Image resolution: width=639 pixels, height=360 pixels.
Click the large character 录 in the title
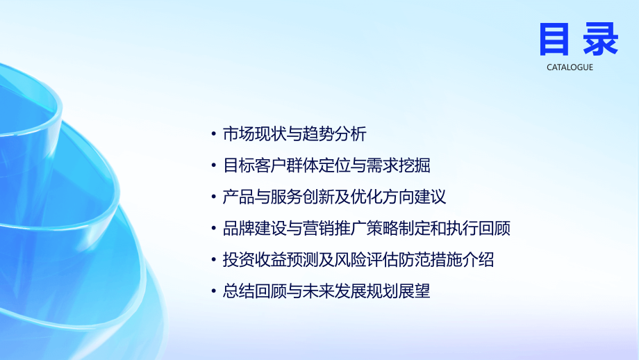pos(600,39)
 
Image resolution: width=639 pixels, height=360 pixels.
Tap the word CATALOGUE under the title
pos(570,67)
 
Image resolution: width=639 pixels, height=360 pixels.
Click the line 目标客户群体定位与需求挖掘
pos(326,166)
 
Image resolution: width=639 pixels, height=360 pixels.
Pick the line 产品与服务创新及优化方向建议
pos(334,197)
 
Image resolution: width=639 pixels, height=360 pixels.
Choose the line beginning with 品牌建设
pos(366,229)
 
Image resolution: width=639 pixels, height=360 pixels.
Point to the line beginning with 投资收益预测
pos(358,260)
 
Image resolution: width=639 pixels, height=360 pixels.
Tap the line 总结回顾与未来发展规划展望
pos(326,291)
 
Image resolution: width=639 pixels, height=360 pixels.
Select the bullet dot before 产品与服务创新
pos(213,198)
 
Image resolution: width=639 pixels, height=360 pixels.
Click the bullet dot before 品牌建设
pos(213,229)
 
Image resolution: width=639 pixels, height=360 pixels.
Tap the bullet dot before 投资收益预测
pos(213,261)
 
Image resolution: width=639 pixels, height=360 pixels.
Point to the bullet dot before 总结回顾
pos(213,292)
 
